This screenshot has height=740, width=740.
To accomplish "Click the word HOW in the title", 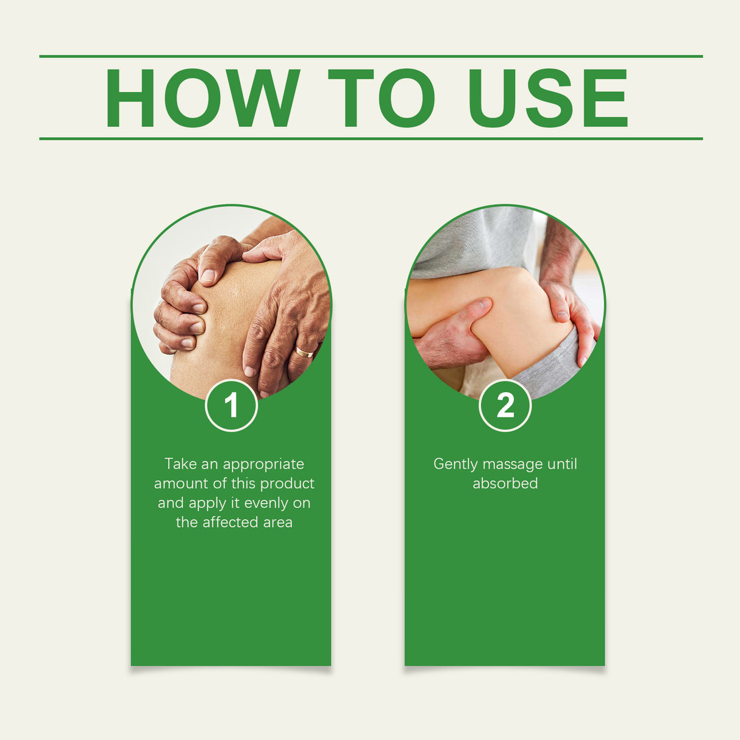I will [202, 98].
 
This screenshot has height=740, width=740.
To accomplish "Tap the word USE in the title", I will [547, 98].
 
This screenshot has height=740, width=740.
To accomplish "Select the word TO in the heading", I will [382, 98].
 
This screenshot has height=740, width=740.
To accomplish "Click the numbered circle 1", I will [231, 405].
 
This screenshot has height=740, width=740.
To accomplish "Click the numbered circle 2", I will [505, 405].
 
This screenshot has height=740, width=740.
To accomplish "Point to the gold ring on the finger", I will [304, 352].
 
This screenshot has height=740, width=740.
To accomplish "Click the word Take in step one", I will [180, 464].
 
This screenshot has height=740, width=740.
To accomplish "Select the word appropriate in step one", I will [263, 464].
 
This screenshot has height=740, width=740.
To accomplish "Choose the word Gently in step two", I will [455, 464].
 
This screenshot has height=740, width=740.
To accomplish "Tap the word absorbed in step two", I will [505, 483].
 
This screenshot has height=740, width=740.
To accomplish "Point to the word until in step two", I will [562, 464].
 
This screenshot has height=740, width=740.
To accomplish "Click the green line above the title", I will [371, 56].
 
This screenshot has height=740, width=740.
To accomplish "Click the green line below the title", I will [371, 139].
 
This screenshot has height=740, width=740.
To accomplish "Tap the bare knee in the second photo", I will [518, 317].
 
